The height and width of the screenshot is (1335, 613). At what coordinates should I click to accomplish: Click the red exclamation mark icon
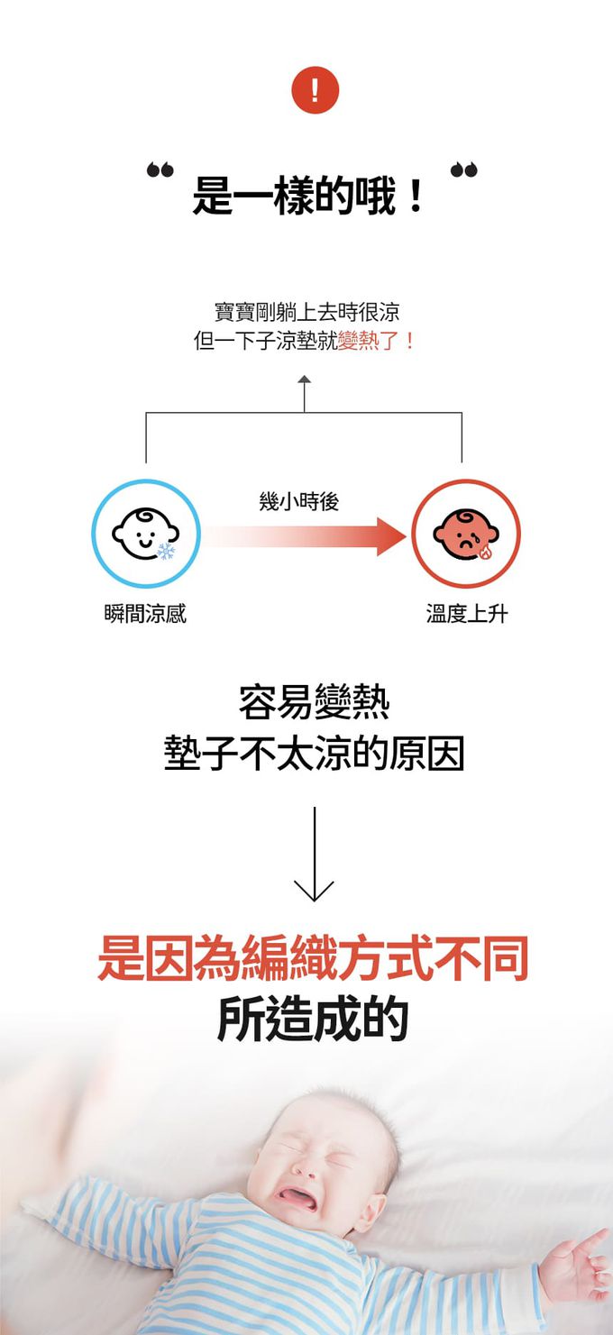click(315, 92)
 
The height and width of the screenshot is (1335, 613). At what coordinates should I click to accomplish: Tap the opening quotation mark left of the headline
click(160, 169)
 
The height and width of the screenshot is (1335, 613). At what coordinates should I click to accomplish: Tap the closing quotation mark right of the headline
click(464, 169)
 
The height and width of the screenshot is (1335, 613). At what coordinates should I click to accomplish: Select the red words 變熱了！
click(377, 342)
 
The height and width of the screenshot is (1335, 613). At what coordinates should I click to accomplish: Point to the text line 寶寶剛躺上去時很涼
click(306, 313)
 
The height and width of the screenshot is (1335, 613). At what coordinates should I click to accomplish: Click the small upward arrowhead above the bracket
click(304, 379)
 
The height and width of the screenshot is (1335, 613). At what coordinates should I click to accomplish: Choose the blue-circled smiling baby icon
click(145, 534)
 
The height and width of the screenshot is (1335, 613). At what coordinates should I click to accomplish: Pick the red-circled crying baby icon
click(465, 534)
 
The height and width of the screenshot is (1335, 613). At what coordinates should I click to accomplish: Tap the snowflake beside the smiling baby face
click(167, 551)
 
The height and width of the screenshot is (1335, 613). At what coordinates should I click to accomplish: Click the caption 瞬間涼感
click(145, 615)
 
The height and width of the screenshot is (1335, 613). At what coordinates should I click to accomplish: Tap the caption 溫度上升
click(467, 615)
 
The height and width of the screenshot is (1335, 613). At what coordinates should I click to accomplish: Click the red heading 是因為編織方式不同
click(313, 960)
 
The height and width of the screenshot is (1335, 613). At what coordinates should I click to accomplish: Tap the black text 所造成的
click(313, 1019)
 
